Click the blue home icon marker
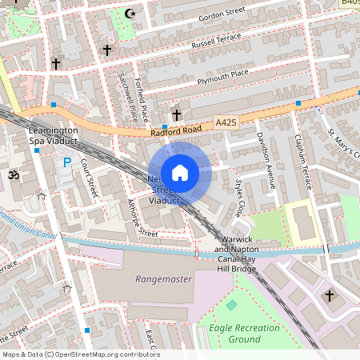180,172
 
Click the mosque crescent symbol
130,13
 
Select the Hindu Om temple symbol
12,174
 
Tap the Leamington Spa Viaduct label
52,135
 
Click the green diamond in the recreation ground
232,306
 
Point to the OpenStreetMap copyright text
81,354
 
